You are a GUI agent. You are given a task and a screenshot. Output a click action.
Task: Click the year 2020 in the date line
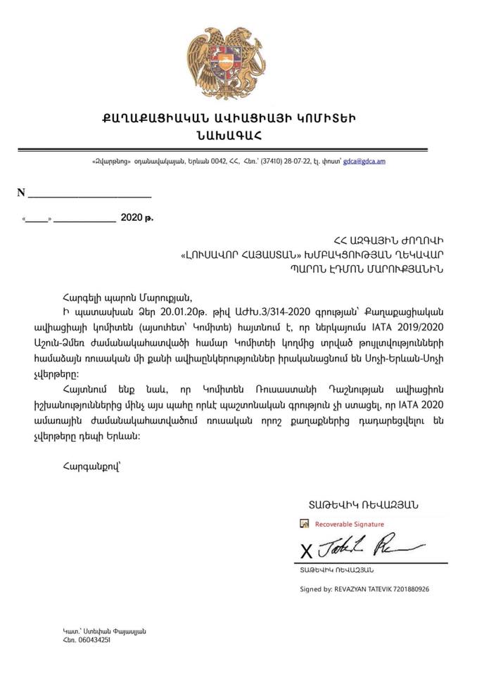[x=131, y=218]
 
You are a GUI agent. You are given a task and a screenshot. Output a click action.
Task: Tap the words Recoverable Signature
[x=349, y=524]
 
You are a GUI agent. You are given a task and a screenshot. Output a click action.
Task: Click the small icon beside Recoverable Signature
[x=304, y=524]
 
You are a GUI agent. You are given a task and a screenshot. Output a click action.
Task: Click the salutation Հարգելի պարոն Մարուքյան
[x=126, y=295]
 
